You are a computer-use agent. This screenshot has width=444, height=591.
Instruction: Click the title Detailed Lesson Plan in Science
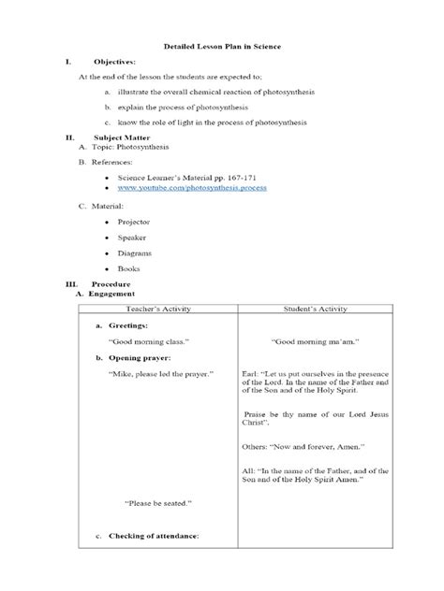[x=222, y=46]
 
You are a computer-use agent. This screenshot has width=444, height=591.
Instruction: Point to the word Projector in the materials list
[x=133, y=223]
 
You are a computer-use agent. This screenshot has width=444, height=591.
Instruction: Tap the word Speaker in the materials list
[x=132, y=238]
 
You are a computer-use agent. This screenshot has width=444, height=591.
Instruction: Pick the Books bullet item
[x=128, y=268]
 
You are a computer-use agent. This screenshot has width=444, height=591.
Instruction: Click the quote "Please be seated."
[x=158, y=503]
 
